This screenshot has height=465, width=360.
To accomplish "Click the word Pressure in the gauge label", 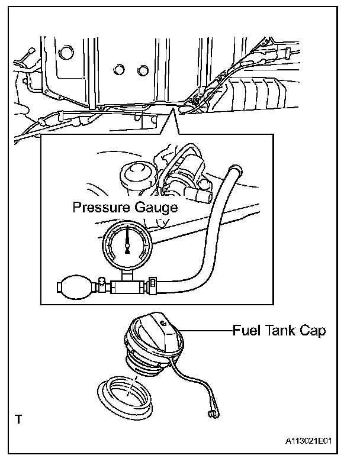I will click(x=98, y=208).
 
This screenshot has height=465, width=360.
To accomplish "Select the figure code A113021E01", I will click(x=308, y=441).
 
